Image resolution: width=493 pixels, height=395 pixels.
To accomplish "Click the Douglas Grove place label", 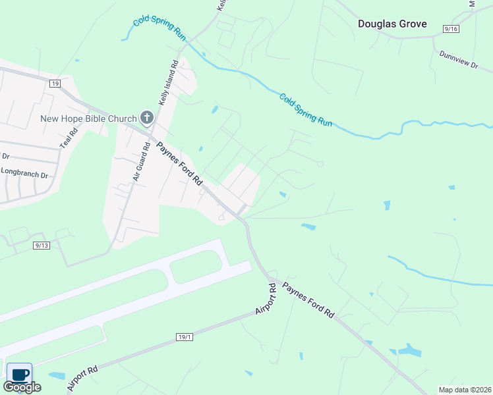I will pyautogui.click(x=392, y=24).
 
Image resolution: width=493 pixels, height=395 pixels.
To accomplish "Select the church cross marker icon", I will pyautogui.click(x=146, y=118).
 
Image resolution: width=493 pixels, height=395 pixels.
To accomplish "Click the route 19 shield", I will pyautogui.click(x=55, y=83).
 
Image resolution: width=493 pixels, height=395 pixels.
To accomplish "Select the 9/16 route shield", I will pyautogui.click(x=451, y=30).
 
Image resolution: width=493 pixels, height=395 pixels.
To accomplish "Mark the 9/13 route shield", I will pyautogui.click(x=41, y=246).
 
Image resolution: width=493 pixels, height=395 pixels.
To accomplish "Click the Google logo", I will pyautogui.click(x=22, y=387).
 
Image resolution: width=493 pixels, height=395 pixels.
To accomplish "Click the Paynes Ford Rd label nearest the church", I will pyautogui.click(x=179, y=162).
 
